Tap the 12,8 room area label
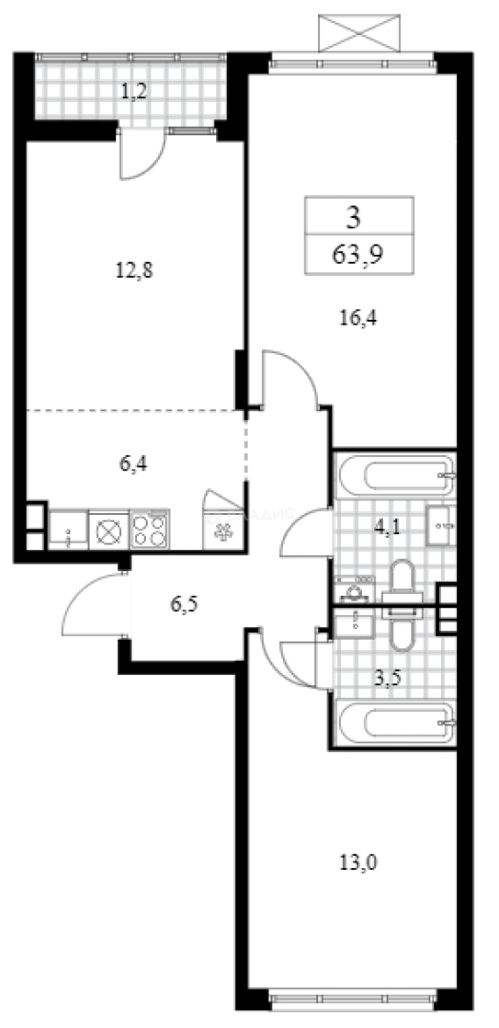coord(134,269)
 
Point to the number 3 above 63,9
coord(353,217)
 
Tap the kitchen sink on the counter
coord(68,529)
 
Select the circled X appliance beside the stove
coord(108,529)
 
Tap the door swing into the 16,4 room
coord(290,379)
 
